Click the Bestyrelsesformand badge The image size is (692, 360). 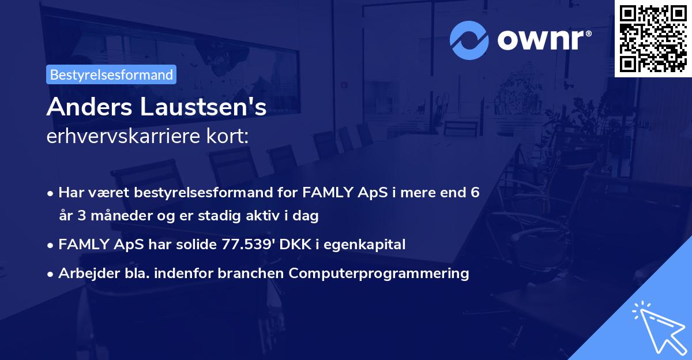pyautogui.click(x=111, y=74)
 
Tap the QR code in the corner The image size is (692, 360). pyautogui.click(x=653, y=38)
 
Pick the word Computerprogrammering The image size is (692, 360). pyautogui.click(x=379, y=273)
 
